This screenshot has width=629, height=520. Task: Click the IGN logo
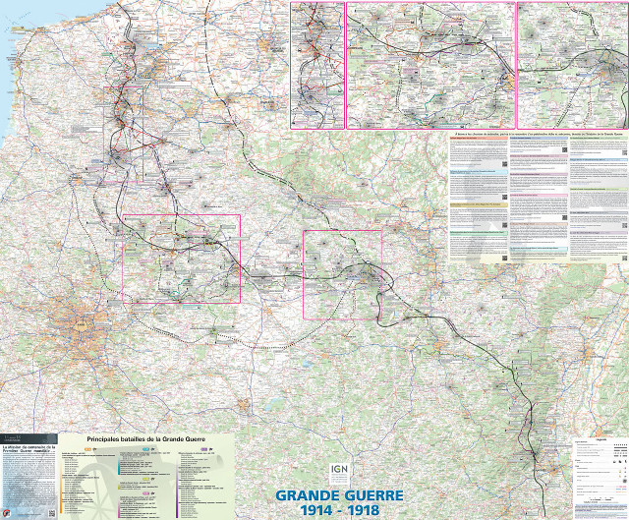point(339,472)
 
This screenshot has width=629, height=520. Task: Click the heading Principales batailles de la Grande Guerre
point(148,438)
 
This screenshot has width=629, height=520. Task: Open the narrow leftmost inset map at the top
point(316,65)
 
